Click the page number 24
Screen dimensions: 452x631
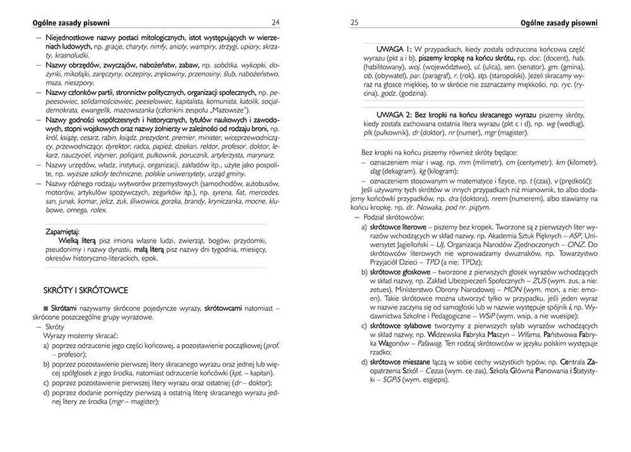pos(276,23)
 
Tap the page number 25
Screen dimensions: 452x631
pos(354,23)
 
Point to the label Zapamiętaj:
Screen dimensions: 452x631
pos(67,232)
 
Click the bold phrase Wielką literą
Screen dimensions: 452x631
pos(77,241)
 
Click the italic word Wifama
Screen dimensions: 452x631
pos(526,333)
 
